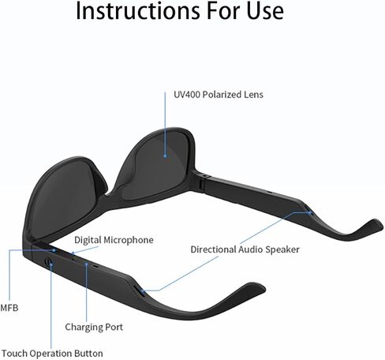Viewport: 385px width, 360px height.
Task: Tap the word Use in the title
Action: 265,11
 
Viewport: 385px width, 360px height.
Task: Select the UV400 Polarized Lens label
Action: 219,95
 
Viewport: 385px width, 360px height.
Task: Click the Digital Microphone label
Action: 114,240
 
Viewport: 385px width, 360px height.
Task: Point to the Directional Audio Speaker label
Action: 245,249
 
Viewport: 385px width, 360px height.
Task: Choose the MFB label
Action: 9,308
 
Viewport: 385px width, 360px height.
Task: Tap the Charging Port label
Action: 94,327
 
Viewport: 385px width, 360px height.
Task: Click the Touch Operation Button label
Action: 52,353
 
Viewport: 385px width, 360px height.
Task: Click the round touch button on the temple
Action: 48,262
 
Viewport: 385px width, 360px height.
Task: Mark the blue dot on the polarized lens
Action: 165,156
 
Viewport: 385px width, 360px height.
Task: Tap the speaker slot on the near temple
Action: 140,291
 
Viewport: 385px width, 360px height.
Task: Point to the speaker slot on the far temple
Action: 310,212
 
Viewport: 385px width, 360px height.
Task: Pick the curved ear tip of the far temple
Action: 371,224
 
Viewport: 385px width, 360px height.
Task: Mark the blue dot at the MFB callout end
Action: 54,250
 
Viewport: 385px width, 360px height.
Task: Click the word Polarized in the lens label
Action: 222,95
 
